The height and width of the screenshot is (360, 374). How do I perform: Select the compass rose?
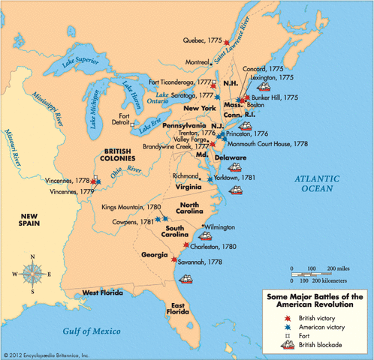pyautogui.click(x=32, y=271)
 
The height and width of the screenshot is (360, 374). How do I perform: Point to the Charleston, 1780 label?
pyautogui.click(x=213, y=246)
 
